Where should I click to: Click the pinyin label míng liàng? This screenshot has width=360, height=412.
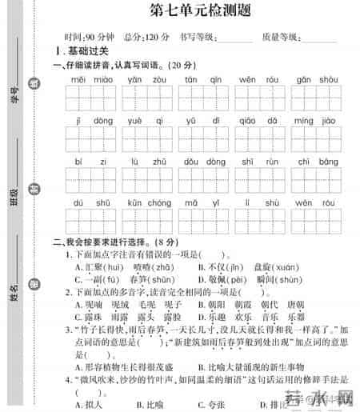point(315,121)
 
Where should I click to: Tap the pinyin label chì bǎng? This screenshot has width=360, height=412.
point(315,162)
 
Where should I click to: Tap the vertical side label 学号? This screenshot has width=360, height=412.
point(14,99)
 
